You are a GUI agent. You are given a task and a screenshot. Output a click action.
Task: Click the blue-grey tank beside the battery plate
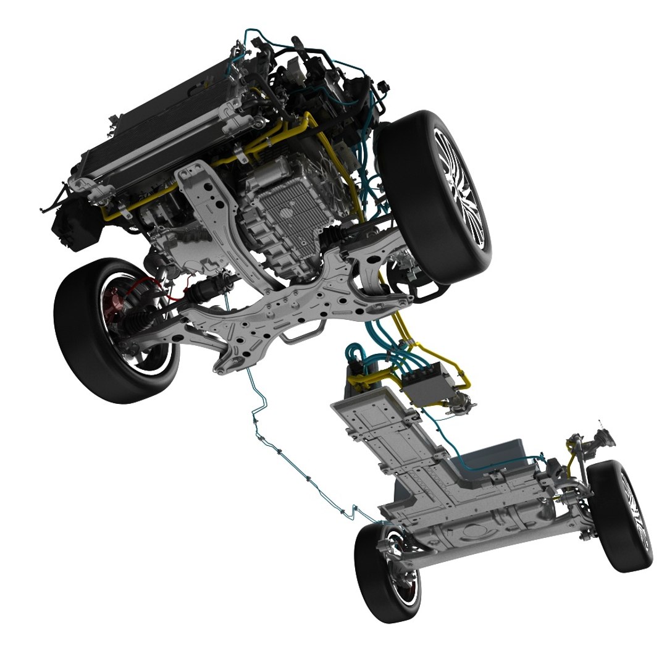494,457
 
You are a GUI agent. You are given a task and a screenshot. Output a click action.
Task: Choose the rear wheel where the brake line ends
386,571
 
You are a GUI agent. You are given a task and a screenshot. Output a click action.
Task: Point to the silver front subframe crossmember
278,309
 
